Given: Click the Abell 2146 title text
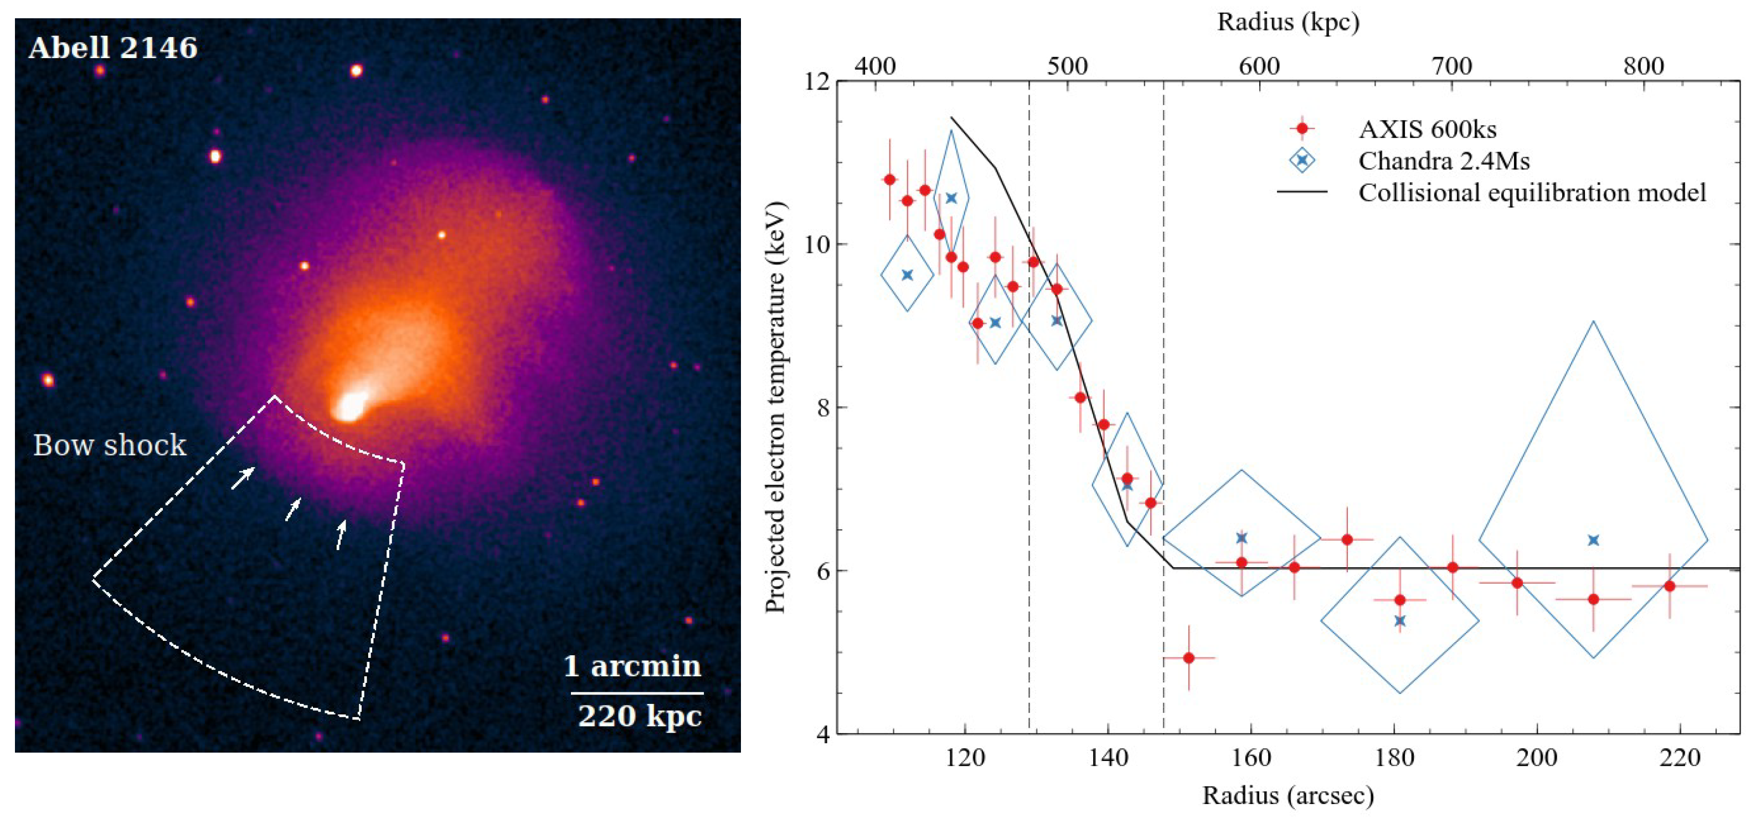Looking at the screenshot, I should (113, 48).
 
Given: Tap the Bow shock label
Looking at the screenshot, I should (110, 445).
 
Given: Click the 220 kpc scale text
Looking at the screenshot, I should (639, 716).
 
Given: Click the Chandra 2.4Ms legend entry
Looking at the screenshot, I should (1443, 160).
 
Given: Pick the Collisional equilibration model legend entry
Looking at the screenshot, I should (1531, 192).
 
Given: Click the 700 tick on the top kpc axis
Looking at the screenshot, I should (1451, 66).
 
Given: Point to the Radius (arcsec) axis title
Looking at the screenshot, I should (1288, 795).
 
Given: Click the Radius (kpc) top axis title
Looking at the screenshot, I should (1288, 22).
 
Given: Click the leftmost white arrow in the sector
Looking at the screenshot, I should (243, 478).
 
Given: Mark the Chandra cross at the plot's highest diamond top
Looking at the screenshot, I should (951, 198).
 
